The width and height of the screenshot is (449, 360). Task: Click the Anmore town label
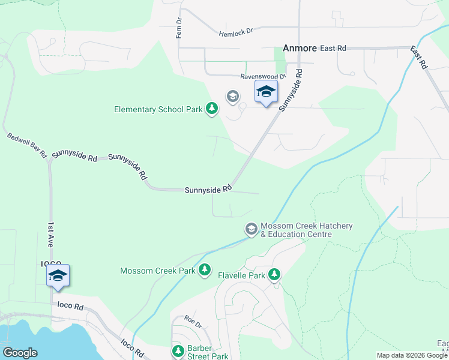300,48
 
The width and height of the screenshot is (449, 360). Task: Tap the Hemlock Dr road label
237,35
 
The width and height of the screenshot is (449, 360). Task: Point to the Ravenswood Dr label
264,77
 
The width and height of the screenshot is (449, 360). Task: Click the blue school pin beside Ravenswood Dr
266,92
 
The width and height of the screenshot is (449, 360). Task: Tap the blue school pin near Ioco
58,276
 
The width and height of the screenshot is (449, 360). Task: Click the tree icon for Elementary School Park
211,109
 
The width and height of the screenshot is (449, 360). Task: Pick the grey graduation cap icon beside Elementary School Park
232,96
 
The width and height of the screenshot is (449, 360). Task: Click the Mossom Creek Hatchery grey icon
251,229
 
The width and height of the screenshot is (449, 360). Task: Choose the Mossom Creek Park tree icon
205,270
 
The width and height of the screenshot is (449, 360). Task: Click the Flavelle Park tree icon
274,275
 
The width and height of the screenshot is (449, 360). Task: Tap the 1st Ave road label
51,232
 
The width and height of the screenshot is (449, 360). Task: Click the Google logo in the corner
20,353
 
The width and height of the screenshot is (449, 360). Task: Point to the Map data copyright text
412,355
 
